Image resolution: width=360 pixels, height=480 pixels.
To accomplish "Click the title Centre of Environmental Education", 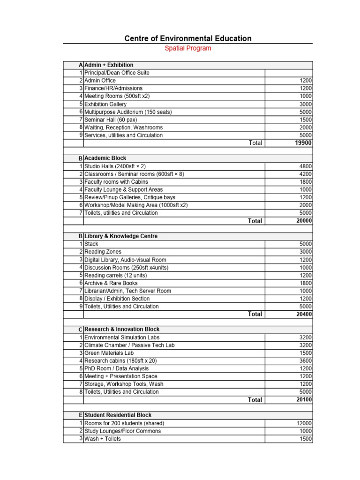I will click(188, 38).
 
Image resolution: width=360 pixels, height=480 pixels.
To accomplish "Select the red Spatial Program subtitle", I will click(188, 48).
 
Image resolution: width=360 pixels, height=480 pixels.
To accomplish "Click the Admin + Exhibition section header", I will click(109, 65).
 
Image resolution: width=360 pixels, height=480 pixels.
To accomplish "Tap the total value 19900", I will click(304, 143).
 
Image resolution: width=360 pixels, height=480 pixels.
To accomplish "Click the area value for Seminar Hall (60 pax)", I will click(306, 120).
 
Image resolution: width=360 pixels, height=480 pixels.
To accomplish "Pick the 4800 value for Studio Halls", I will click(306, 166).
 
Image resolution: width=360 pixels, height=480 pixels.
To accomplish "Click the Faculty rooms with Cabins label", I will click(116, 182).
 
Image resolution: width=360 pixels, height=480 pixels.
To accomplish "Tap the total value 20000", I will click(304, 221).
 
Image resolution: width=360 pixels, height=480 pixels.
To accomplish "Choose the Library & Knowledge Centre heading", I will click(121, 236).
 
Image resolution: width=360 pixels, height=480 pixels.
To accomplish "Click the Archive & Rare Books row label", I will click(111, 283).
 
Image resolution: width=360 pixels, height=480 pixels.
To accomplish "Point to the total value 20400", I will click(304, 314).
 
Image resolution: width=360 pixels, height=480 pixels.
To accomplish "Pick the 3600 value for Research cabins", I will click(306, 361).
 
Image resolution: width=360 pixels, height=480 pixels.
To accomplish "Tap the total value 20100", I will click(304, 400).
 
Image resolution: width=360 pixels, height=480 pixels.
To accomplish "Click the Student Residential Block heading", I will click(118, 415).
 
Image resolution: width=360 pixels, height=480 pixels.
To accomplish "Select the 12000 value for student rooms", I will click(304, 423).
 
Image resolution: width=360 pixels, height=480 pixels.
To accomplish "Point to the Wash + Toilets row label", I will click(102, 439).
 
